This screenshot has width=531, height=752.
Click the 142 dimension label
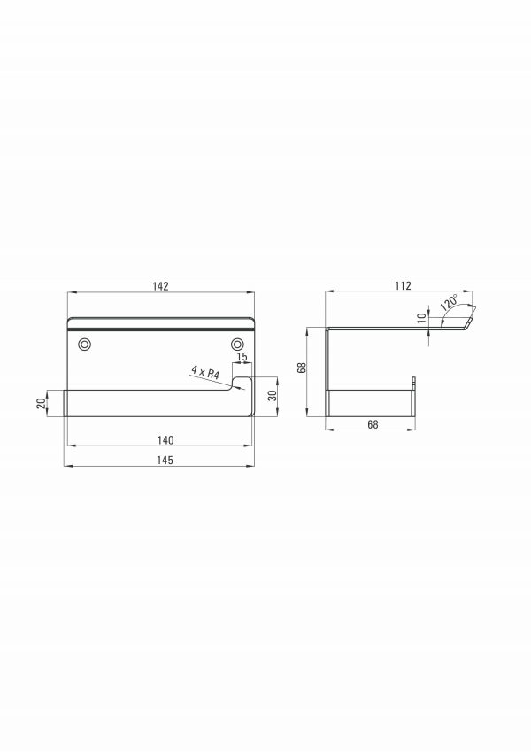point(160,286)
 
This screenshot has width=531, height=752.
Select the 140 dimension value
point(165,440)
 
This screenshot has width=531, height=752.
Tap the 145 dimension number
point(165,461)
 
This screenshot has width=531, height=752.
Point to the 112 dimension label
point(403,286)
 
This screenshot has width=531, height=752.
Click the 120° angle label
point(449,303)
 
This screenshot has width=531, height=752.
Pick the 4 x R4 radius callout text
point(205,372)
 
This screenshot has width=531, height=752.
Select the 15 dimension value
point(242,357)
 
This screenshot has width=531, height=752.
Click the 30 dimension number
point(273,396)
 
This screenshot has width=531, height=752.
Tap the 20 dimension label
point(42,403)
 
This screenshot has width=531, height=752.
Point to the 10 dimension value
point(422,317)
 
